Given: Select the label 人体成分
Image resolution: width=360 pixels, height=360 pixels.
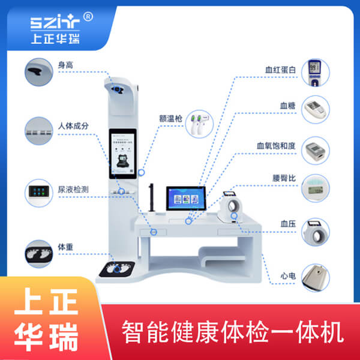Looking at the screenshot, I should point(73,126).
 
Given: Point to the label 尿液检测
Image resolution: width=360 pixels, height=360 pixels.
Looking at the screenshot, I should point(73,189).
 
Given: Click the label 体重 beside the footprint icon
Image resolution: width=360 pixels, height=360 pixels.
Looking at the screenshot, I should point(65,247).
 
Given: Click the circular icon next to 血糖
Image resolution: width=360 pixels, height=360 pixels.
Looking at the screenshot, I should point(316,109).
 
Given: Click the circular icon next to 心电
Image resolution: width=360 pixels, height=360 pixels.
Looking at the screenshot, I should point(316,278).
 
